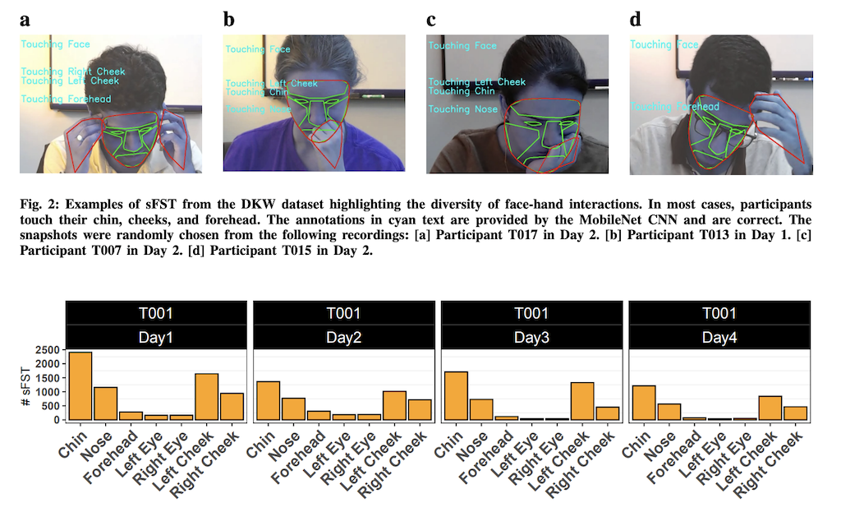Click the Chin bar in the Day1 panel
(x=80, y=385)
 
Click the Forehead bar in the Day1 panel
(x=130, y=416)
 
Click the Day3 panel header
(x=531, y=337)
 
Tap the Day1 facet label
(x=155, y=337)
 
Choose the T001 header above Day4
(x=719, y=313)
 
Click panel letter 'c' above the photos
(x=431, y=20)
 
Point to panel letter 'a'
(x=25, y=20)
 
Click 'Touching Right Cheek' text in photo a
(x=73, y=71)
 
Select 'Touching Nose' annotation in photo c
(x=462, y=109)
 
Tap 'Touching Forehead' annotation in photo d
(x=675, y=107)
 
